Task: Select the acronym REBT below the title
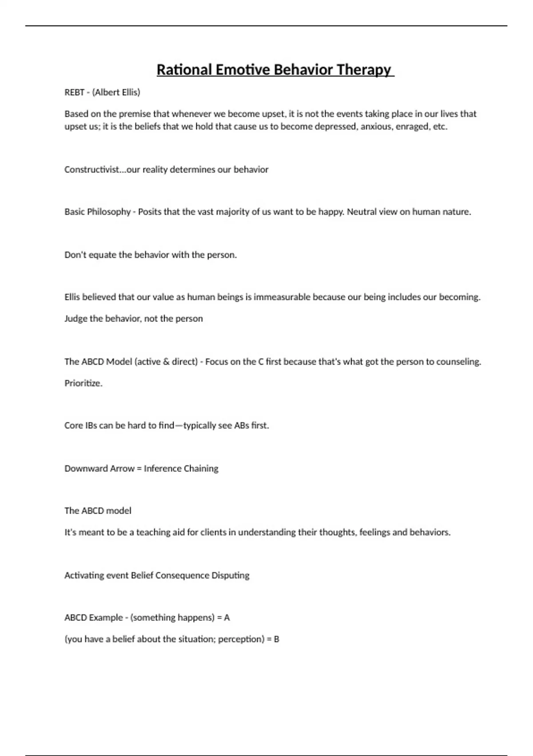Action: [74, 92]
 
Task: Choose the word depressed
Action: [335, 126]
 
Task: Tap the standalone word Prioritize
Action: [84, 383]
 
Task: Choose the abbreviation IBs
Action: [91, 425]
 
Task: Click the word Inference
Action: [163, 468]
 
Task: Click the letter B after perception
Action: [276, 639]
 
